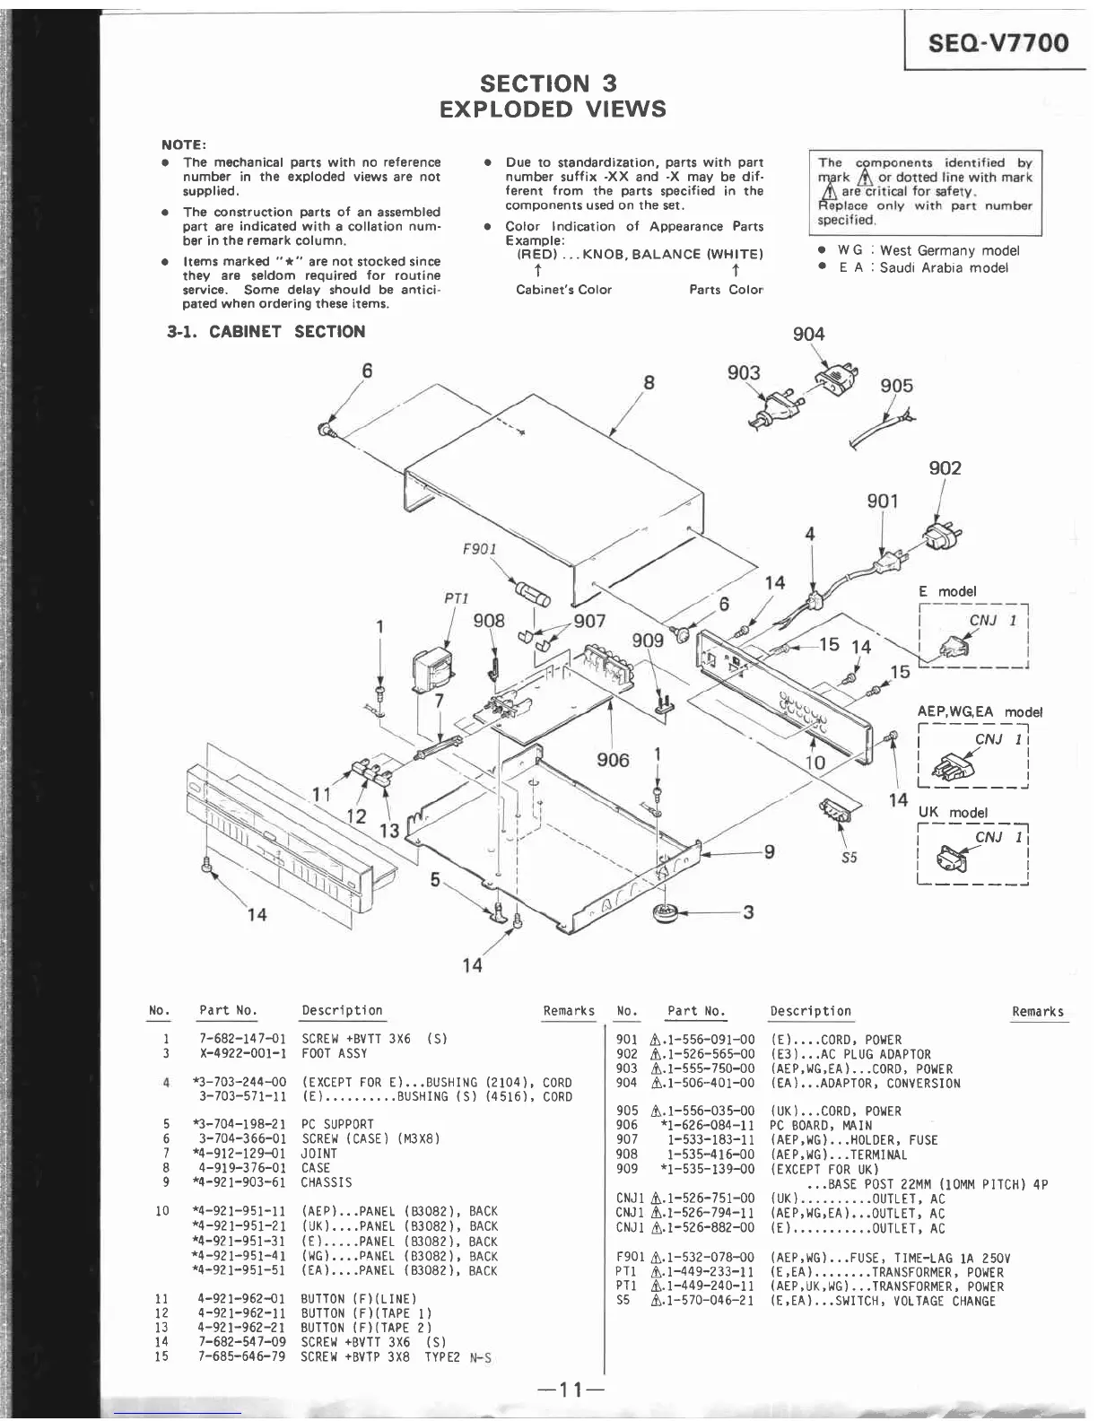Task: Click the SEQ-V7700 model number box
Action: click(x=998, y=43)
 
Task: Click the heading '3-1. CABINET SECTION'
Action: click(x=266, y=332)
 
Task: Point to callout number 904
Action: click(x=808, y=335)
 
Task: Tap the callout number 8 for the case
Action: click(x=649, y=383)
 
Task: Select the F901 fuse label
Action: click(x=479, y=549)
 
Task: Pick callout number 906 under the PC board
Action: click(x=614, y=761)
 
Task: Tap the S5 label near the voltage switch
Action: click(x=849, y=858)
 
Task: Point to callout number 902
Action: click(x=945, y=468)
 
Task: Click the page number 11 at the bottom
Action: click(x=571, y=1390)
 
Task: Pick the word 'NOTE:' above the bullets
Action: click(x=184, y=145)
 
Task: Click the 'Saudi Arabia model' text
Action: click(x=944, y=268)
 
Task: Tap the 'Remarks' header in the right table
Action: click(x=1038, y=1012)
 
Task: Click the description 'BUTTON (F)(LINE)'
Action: click(x=359, y=1299)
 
